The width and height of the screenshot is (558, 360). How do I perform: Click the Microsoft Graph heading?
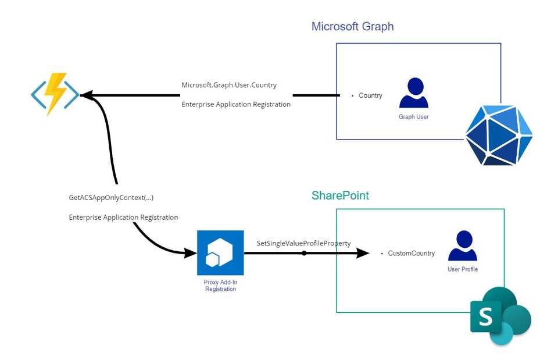click(x=352, y=27)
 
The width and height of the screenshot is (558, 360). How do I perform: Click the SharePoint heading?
click(x=340, y=195)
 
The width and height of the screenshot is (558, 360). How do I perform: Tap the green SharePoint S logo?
click(x=500, y=316)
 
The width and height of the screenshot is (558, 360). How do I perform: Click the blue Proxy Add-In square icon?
click(x=220, y=252)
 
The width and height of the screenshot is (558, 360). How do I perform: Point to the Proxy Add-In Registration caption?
click(x=220, y=286)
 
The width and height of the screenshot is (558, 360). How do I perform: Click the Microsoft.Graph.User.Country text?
click(x=228, y=85)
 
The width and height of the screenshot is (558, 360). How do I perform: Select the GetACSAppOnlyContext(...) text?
click(x=111, y=198)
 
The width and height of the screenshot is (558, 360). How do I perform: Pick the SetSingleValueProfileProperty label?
click(x=303, y=243)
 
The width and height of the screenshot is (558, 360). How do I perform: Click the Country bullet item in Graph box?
click(x=370, y=95)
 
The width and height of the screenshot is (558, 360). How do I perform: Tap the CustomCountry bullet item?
click(x=410, y=254)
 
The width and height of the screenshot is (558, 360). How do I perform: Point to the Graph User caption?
click(x=414, y=117)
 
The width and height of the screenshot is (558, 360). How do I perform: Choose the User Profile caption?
click(x=463, y=269)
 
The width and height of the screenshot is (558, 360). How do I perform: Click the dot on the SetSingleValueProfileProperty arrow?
click(x=303, y=253)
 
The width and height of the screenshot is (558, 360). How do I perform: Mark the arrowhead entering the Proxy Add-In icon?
click(x=191, y=253)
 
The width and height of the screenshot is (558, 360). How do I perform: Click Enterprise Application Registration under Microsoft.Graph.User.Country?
click(x=236, y=105)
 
